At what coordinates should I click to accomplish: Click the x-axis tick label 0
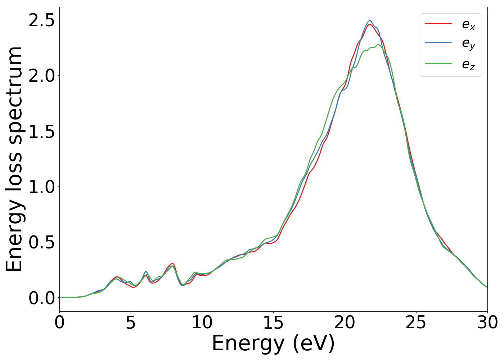coord(59,323)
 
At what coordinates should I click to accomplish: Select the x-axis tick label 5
coord(131,323)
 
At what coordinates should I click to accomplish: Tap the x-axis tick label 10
coord(202,323)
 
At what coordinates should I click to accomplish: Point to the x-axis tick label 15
coord(273,323)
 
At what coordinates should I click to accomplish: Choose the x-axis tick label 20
coord(345,323)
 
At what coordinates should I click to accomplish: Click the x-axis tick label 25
coord(416,323)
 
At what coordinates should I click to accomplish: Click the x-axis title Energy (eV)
coord(273,343)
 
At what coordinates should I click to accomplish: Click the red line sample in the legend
coord(438,23)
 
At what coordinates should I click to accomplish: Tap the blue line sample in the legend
coord(438,43)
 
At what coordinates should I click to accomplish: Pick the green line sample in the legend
coord(438,63)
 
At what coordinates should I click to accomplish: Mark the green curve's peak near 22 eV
coord(378,45)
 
